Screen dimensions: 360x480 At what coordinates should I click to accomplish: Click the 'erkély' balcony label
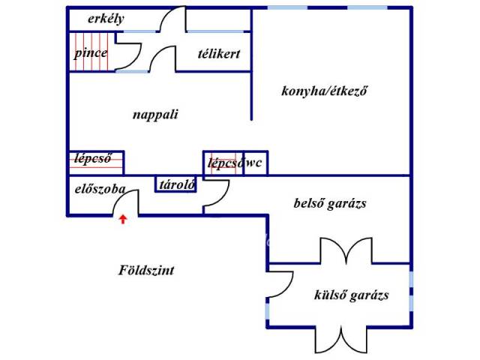[106, 19]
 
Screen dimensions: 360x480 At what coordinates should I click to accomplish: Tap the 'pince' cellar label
[90, 53]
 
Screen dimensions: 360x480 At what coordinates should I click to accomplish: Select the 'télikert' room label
[219, 54]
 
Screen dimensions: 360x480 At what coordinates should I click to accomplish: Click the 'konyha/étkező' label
[327, 91]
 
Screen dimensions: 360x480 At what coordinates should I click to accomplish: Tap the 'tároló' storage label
[176, 184]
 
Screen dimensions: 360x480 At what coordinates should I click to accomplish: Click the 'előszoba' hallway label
[100, 189]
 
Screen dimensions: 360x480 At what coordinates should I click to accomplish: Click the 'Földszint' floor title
[146, 270]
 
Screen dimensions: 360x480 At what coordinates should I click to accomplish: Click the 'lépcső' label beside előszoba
[94, 158]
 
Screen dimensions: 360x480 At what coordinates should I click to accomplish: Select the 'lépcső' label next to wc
[224, 163]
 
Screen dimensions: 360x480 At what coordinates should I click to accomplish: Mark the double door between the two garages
[344, 251]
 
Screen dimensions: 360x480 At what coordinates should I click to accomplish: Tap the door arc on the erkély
[174, 19]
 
